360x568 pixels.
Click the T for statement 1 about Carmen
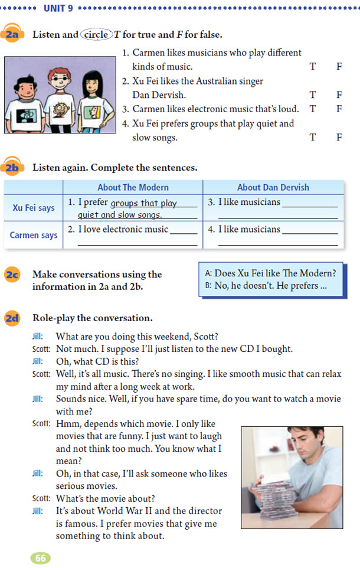click(313, 66)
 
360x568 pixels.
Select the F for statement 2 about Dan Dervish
click(339, 94)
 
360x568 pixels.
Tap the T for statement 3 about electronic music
click(313, 109)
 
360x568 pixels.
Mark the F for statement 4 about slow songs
click(339, 137)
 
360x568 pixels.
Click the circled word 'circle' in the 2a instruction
click(96, 35)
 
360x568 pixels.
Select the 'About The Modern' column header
click(133, 187)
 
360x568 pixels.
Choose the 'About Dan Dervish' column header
click(273, 187)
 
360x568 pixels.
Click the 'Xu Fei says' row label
click(34, 208)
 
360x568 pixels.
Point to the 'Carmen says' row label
click(34, 235)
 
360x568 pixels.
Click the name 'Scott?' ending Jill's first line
click(205, 337)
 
